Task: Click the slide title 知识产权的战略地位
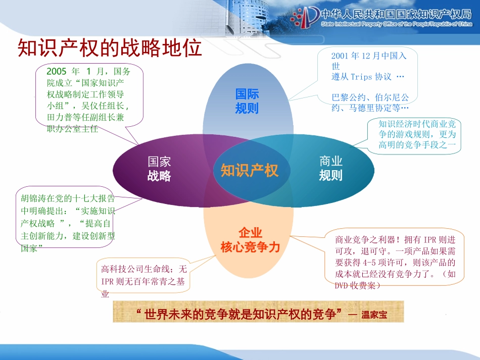pos(110,48)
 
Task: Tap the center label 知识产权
pos(249,171)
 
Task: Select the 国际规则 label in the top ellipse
pos(247,101)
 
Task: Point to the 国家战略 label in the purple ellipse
pos(159,169)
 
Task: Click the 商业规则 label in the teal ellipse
pos(331,169)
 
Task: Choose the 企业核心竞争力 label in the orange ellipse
pos(250,240)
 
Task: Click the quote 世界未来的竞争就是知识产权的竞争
pos(240,315)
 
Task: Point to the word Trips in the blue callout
pos(361,77)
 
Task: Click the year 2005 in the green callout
pos(57,71)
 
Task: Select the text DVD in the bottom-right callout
pos(342,285)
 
